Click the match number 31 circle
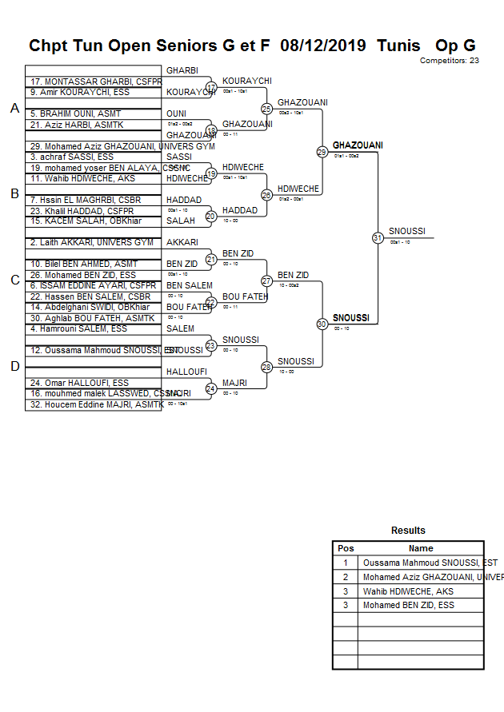(x=377, y=237)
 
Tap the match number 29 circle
(x=322, y=152)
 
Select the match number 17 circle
(x=211, y=87)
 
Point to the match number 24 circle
(x=211, y=388)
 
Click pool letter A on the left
(x=14, y=109)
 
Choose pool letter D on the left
(x=14, y=366)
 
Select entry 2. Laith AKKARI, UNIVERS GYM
(x=91, y=242)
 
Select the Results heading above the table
(x=408, y=531)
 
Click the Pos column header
(x=346, y=548)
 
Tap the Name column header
(x=421, y=548)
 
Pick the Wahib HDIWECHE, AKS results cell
(x=408, y=591)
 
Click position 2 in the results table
(x=346, y=577)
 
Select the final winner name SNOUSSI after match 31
(x=407, y=232)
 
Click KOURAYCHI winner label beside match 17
(x=247, y=82)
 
